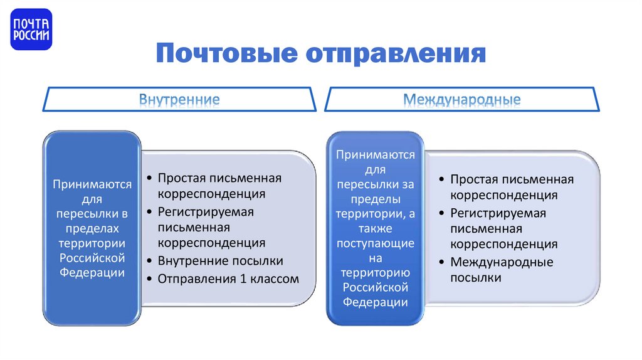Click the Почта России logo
click(x=31, y=30)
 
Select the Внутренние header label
click(x=179, y=99)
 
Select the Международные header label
click(x=461, y=99)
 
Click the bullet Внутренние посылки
click(x=220, y=261)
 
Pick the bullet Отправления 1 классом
click(x=228, y=278)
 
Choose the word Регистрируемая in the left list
click(x=206, y=211)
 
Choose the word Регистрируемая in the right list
click(x=498, y=213)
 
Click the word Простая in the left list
click(x=179, y=178)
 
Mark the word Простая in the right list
click(x=471, y=180)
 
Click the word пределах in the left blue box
click(x=92, y=228)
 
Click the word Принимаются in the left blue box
click(x=92, y=185)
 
